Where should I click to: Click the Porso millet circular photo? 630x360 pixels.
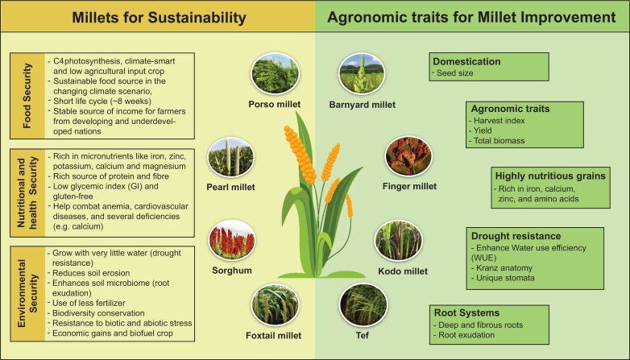[x=275, y=74]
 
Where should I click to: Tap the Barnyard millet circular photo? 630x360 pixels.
[x=362, y=74]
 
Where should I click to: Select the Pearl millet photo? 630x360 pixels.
[x=230, y=158]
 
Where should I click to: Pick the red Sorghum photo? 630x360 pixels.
[x=232, y=240]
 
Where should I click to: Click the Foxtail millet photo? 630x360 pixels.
[x=275, y=305]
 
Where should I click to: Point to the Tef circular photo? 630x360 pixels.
[x=363, y=305]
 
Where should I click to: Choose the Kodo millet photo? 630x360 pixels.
[x=399, y=241]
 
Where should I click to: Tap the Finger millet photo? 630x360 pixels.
[x=408, y=157]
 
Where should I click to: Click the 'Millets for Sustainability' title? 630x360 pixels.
[x=159, y=17]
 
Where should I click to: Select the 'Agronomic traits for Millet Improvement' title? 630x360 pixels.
[x=471, y=17]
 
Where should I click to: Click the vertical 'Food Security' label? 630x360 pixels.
[x=27, y=96]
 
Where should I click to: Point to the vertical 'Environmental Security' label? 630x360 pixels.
[x=27, y=293]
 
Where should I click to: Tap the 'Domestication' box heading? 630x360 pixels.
[x=466, y=61]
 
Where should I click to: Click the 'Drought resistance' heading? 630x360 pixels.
[x=516, y=236]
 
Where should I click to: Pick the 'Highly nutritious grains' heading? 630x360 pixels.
[x=550, y=176]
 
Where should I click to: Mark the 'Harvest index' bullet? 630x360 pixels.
[x=496, y=121]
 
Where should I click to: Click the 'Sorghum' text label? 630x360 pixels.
[x=232, y=271]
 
